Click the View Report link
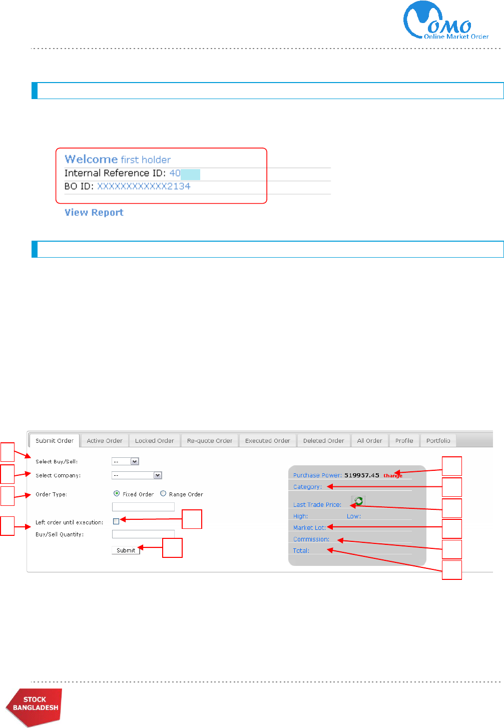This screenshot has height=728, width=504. [94, 212]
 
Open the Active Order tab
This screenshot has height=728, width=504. [104, 441]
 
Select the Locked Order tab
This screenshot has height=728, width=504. [154, 441]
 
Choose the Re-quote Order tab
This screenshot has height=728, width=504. [209, 441]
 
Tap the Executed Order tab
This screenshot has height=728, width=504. [267, 441]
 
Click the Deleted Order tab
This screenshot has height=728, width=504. [323, 441]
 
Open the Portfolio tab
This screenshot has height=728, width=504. [438, 441]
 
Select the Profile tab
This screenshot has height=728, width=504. [404, 441]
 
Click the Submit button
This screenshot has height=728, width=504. [126, 550]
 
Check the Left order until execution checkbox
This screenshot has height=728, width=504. [116, 521]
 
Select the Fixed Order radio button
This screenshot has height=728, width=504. [117, 493]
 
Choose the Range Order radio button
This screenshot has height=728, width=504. [163, 493]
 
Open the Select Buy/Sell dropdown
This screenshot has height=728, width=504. [125, 461]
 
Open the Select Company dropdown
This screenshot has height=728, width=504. [137, 475]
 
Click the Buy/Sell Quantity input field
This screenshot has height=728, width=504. [143, 534]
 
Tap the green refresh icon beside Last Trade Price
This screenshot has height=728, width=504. [358, 501]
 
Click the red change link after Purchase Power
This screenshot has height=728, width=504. [393, 476]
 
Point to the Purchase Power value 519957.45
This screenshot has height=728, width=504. [361, 475]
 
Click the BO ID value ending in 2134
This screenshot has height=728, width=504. [144, 186]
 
